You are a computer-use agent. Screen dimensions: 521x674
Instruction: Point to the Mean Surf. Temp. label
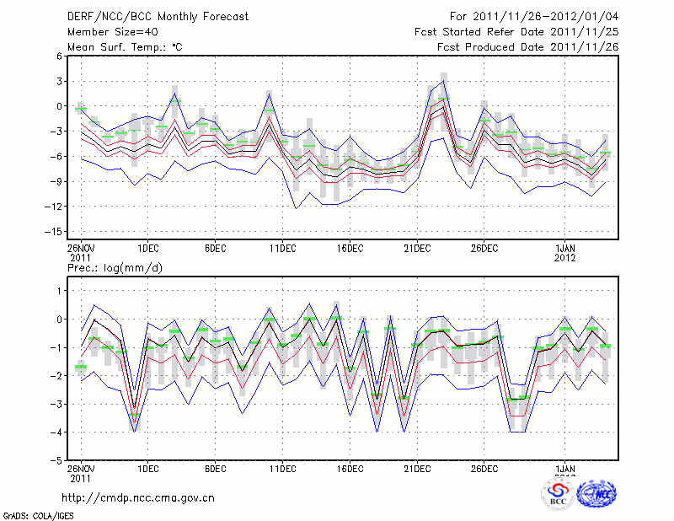point(126,46)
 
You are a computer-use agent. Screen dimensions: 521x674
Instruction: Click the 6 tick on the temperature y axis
point(59,56)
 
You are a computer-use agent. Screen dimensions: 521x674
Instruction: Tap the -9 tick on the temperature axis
point(56,181)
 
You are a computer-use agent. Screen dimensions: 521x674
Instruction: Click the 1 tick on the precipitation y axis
point(59,290)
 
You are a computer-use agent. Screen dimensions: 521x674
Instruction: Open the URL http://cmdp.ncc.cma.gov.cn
point(138,497)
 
